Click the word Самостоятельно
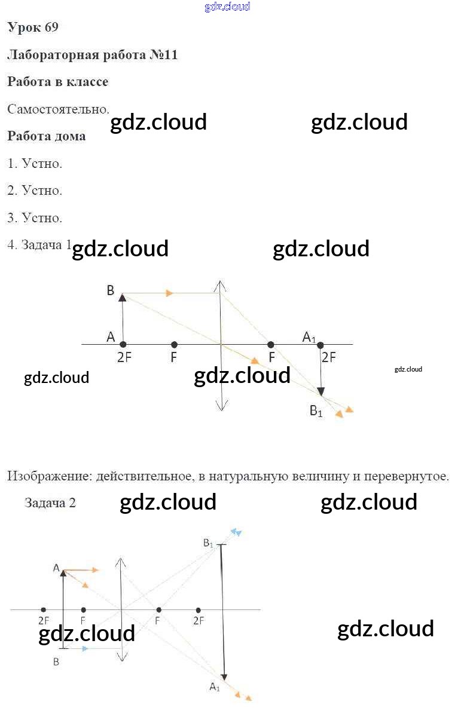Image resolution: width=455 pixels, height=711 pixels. click(x=59, y=109)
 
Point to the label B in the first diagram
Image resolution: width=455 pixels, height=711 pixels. click(x=111, y=291)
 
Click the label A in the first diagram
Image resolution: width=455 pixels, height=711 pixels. click(x=111, y=338)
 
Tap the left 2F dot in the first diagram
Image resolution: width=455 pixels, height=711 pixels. click(x=123, y=345)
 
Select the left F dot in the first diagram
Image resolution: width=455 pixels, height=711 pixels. click(x=174, y=345)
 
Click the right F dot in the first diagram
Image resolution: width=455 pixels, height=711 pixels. click(x=271, y=345)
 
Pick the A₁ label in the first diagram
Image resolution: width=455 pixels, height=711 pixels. click(x=309, y=338)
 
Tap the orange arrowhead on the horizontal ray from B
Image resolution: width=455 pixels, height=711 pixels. click(x=170, y=293)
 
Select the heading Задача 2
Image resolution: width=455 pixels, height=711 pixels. click(x=50, y=502)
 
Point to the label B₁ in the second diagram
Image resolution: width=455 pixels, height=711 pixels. click(x=209, y=543)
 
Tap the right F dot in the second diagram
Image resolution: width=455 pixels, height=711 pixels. click(x=159, y=610)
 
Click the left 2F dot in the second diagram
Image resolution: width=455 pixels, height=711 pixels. click(x=44, y=610)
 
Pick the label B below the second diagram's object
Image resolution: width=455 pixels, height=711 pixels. click(x=56, y=662)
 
